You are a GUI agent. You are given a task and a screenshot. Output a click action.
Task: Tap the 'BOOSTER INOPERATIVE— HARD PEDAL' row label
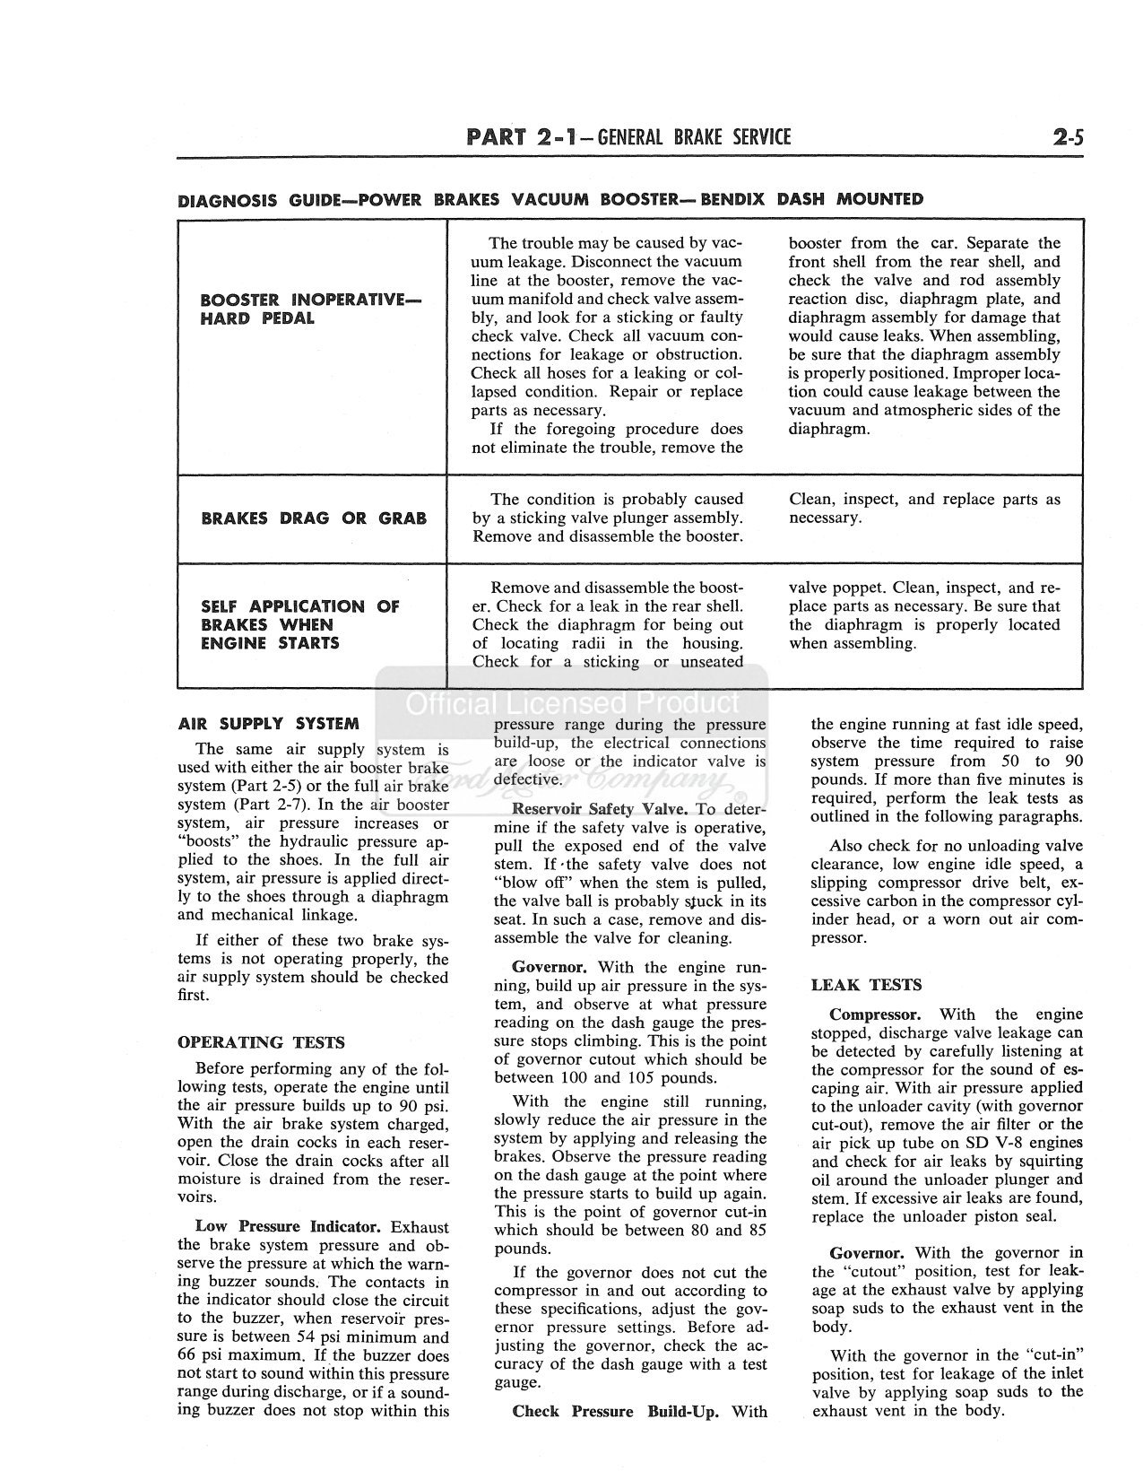310,309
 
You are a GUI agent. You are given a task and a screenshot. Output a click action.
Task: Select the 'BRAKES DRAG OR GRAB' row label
313,518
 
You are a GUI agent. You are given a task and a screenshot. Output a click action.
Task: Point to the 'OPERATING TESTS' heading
261,1042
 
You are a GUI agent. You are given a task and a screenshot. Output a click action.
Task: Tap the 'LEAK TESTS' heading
866,985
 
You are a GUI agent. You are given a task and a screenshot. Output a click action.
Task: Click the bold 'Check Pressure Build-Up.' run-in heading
615,1411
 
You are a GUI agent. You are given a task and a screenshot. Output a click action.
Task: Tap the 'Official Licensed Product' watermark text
573,702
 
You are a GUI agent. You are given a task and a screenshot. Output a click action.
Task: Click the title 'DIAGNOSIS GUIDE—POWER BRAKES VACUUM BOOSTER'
550,199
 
